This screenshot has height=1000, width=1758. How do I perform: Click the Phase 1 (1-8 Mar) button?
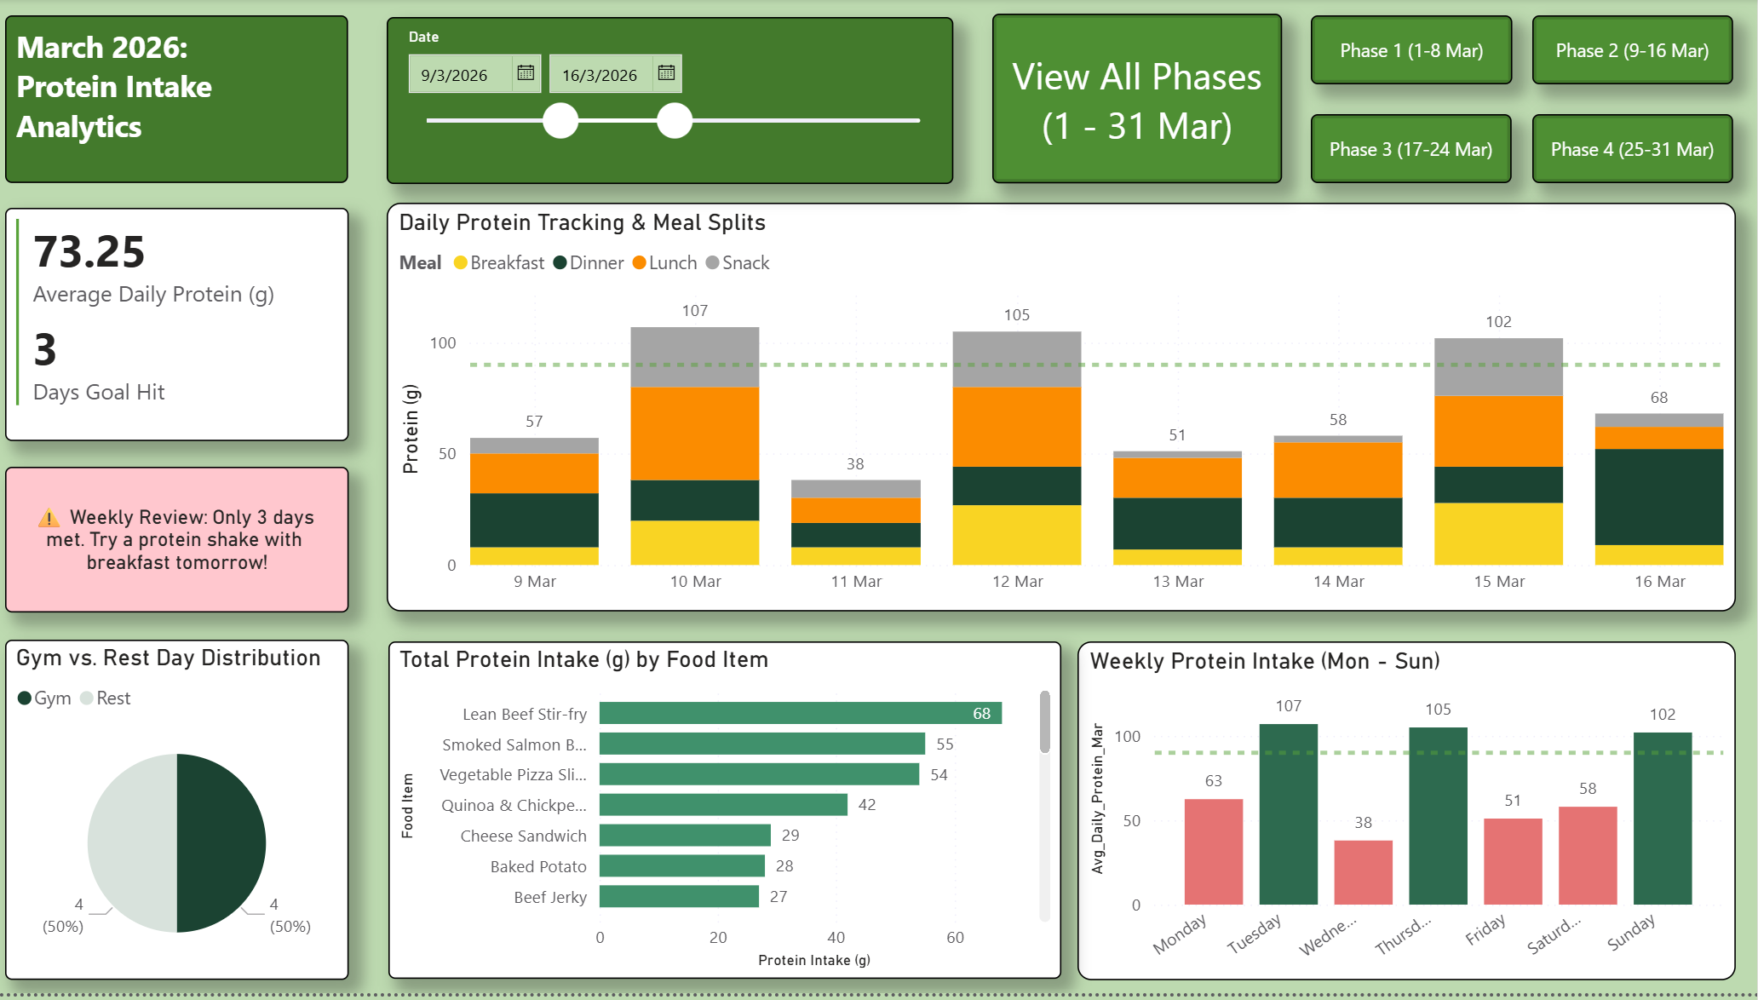coord(1410,50)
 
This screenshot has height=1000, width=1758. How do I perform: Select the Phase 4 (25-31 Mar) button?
coord(1631,149)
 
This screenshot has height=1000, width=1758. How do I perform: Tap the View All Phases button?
coord(1136,100)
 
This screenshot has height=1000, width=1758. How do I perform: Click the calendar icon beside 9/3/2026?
coord(526,73)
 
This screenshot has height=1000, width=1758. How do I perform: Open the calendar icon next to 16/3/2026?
coord(666,73)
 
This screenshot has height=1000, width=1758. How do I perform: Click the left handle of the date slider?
coord(560,120)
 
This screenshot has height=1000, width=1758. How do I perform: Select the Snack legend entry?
coord(738,263)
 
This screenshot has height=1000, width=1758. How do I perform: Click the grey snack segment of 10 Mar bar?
coord(694,357)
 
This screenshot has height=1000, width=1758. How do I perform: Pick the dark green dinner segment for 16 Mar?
coord(1658,496)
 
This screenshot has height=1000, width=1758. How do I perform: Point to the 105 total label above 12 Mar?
coord(1016,315)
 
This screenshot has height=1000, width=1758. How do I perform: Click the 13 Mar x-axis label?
coord(1177,582)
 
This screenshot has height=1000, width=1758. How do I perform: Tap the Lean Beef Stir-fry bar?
coord(800,713)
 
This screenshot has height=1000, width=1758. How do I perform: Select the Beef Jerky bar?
coord(679,896)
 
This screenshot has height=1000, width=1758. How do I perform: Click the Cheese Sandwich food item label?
coord(523,836)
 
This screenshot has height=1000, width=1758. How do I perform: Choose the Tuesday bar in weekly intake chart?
coord(1288,813)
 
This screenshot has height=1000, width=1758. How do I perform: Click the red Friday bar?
coord(1512,860)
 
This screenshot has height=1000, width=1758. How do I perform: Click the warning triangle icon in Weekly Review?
coord(49,518)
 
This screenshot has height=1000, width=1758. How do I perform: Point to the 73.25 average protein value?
coord(89,252)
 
